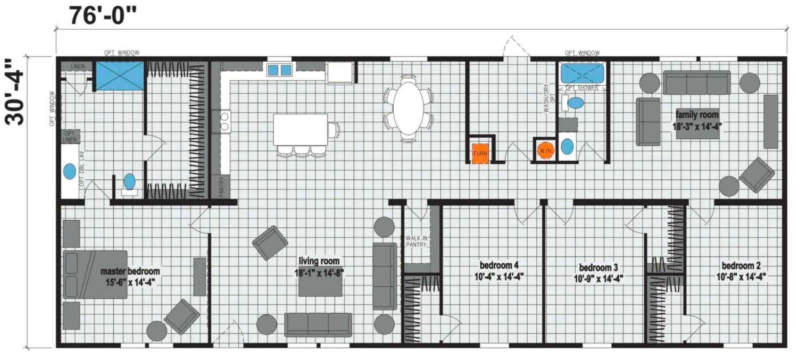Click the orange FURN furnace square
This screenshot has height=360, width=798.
pyautogui.click(x=479, y=154)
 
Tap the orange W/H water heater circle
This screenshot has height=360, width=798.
pyautogui.click(x=545, y=150)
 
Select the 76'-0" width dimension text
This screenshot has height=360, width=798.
pyautogui.click(x=103, y=15)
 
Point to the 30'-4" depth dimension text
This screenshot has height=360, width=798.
pyautogui.click(x=14, y=92)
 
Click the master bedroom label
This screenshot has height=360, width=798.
pyautogui.click(x=130, y=271)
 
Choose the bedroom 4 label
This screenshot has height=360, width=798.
pyautogui.click(x=499, y=265)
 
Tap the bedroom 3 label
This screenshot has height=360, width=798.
pyautogui.click(x=598, y=267)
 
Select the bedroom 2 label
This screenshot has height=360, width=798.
pyautogui.click(x=741, y=266)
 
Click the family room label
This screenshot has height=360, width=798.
pyautogui.click(x=697, y=115)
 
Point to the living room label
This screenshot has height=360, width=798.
pyautogui.click(x=319, y=262)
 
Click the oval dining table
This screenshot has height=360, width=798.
pyautogui.click(x=408, y=107)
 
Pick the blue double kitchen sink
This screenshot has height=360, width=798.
pyautogui.click(x=279, y=70)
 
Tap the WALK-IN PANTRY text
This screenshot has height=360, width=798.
pyautogui.click(x=416, y=241)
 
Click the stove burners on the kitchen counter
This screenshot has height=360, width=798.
pyautogui.click(x=225, y=121)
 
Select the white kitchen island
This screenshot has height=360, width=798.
pyautogui.click(x=301, y=130)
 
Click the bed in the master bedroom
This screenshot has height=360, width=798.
pyautogui.click(x=95, y=274)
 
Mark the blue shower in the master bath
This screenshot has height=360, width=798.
pyautogui.click(x=120, y=76)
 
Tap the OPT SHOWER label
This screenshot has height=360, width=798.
pyautogui.click(x=582, y=88)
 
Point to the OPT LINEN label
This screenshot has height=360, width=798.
pyautogui.click(x=70, y=137)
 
